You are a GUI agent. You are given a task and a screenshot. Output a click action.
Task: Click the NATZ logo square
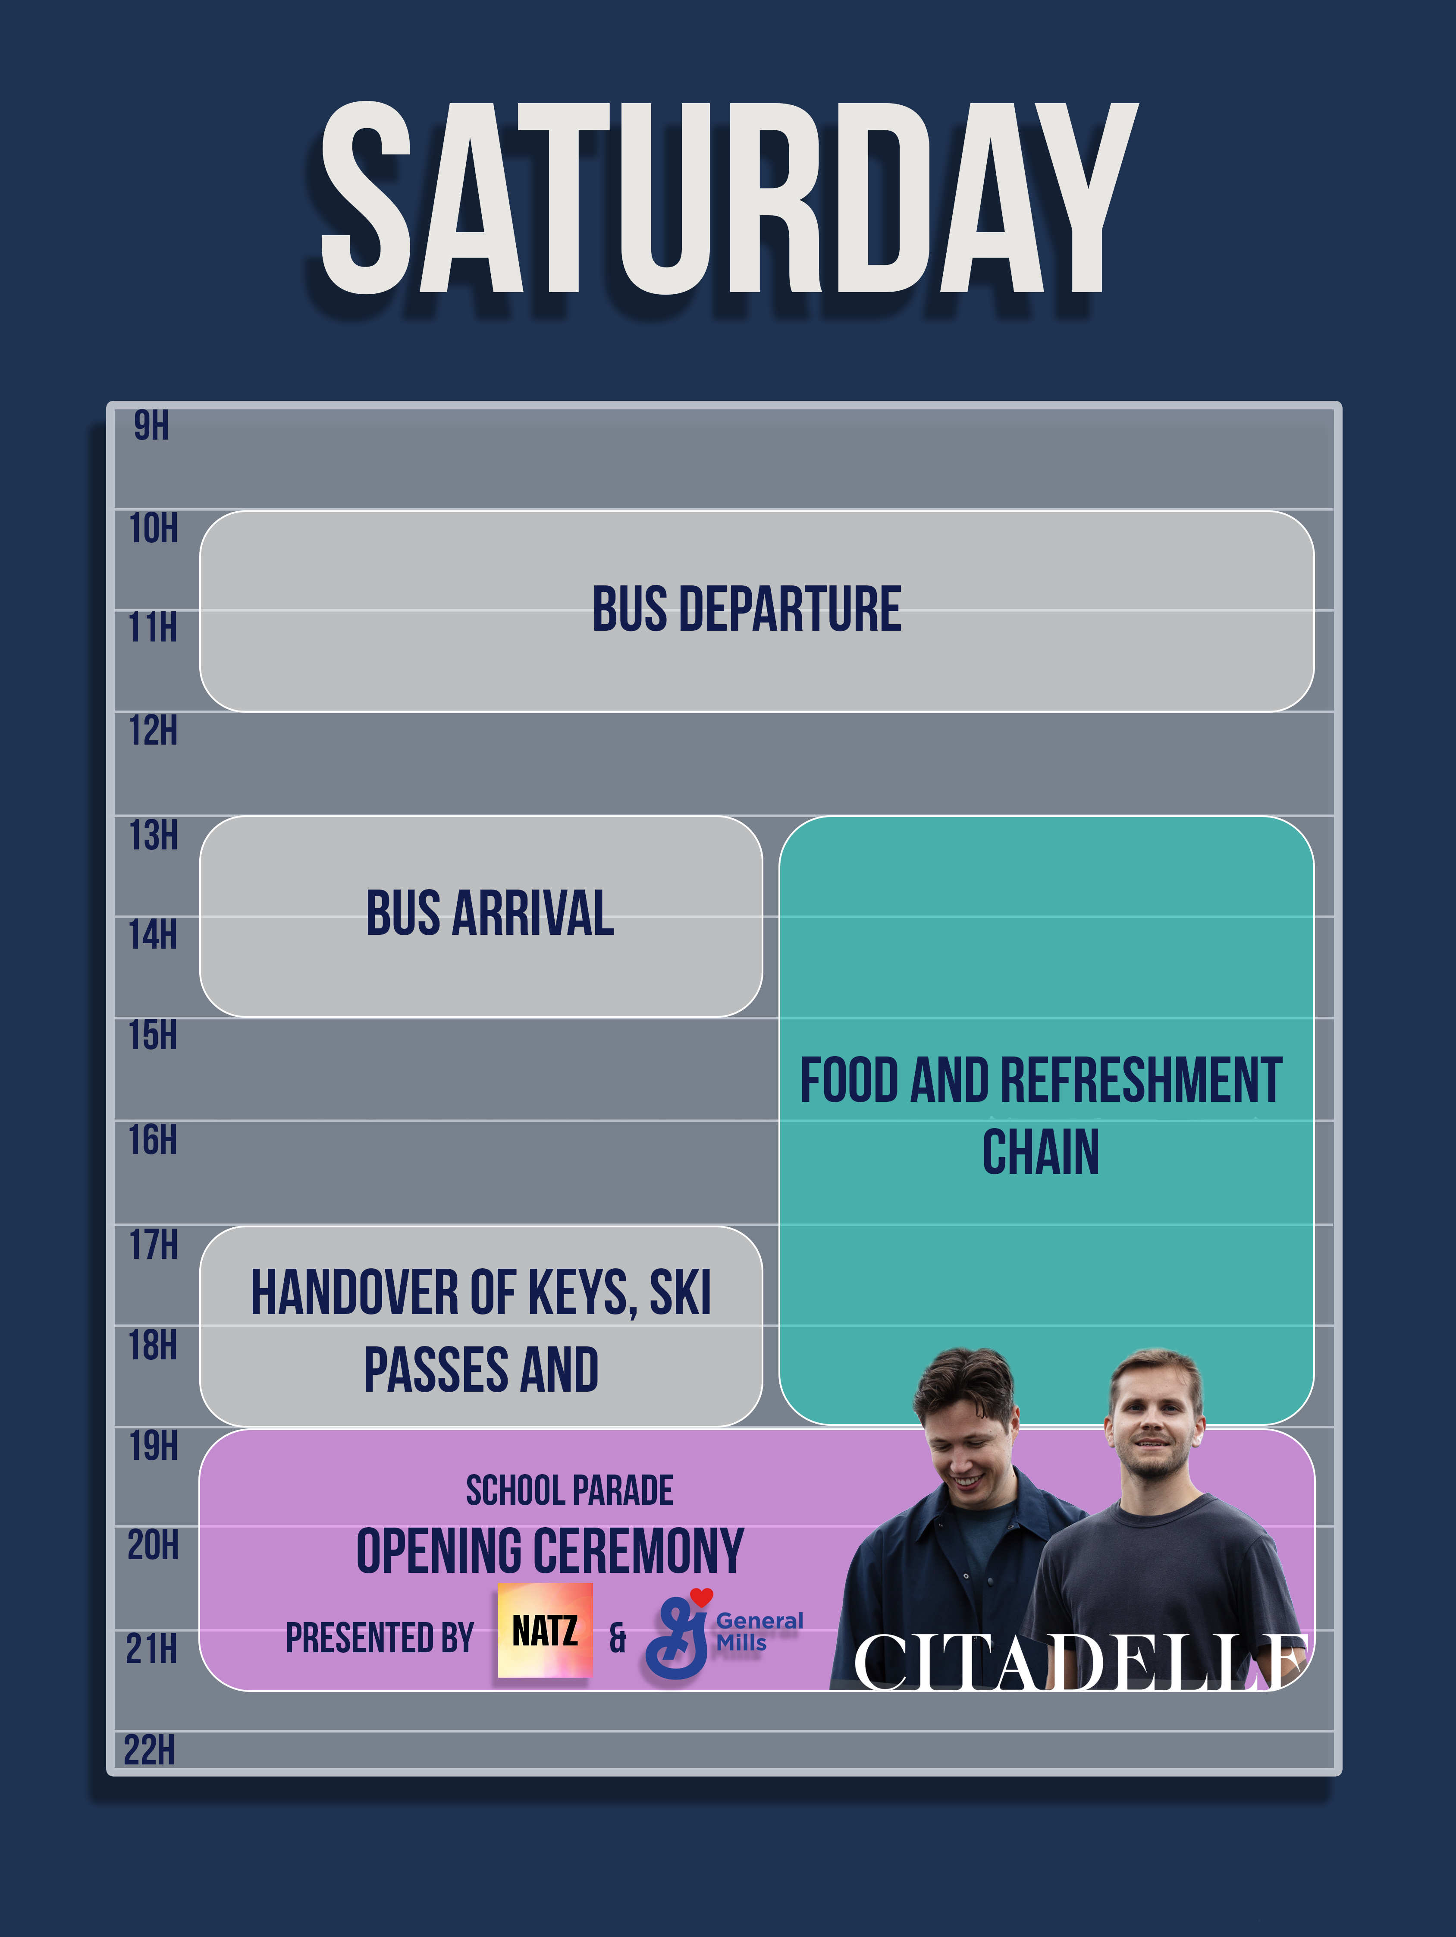point(546,1631)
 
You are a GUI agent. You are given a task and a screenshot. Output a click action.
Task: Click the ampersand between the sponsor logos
point(618,1638)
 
